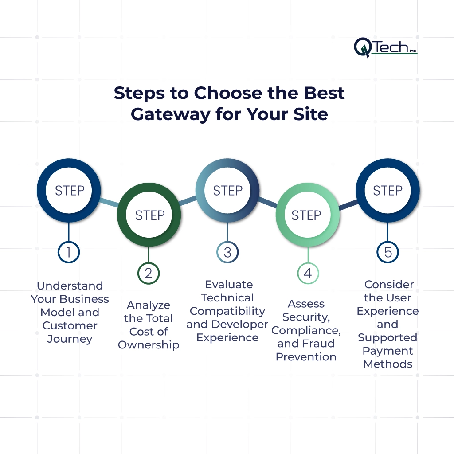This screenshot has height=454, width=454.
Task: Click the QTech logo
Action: [x=385, y=47]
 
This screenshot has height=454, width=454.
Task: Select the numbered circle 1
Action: [x=69, y=252]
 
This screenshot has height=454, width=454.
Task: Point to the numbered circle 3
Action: [x=227, y=252]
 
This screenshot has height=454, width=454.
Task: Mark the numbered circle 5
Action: [x=388, y=252]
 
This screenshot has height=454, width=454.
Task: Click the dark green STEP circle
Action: [x=149, y=215]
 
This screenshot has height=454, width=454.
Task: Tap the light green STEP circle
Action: [x=307, y=215]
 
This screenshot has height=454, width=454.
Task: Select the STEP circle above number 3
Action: [x=227, y=191]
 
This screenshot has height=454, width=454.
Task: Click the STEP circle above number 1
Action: [x=69, y=191]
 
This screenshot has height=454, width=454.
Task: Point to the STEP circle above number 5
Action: [x=388, y=191]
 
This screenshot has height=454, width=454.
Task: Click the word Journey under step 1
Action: [x=70, y=339]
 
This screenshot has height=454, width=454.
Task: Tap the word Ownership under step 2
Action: [x=149, y=345]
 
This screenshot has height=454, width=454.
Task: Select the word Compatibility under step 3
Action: [x=227, y=311]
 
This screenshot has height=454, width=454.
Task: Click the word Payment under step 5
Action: [x=387, y=351]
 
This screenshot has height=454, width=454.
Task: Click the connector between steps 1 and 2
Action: [x=109, y=203]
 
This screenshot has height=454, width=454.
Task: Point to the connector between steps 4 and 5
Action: [x=348, y=204]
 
